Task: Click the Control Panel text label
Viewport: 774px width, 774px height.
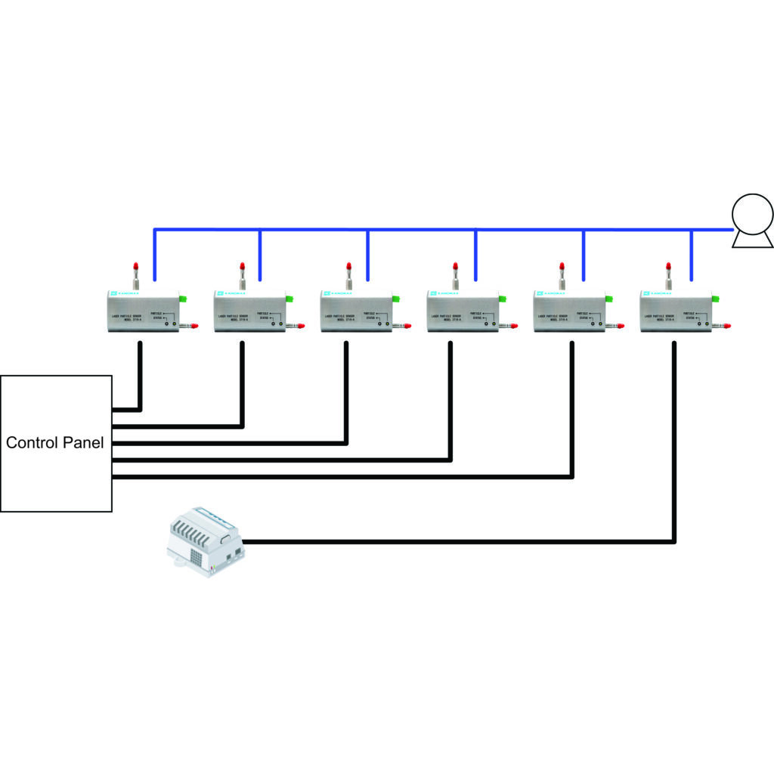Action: pos(55,443)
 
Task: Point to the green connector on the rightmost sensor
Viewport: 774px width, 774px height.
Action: pos(715,299)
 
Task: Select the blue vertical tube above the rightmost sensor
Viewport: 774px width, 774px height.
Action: pos(692,257)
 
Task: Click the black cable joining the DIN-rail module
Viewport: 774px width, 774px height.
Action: pos(454,541)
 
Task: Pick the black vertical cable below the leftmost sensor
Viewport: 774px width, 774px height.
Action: pos(141,374)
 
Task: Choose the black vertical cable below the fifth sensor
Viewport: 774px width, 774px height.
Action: pos(572,408)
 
